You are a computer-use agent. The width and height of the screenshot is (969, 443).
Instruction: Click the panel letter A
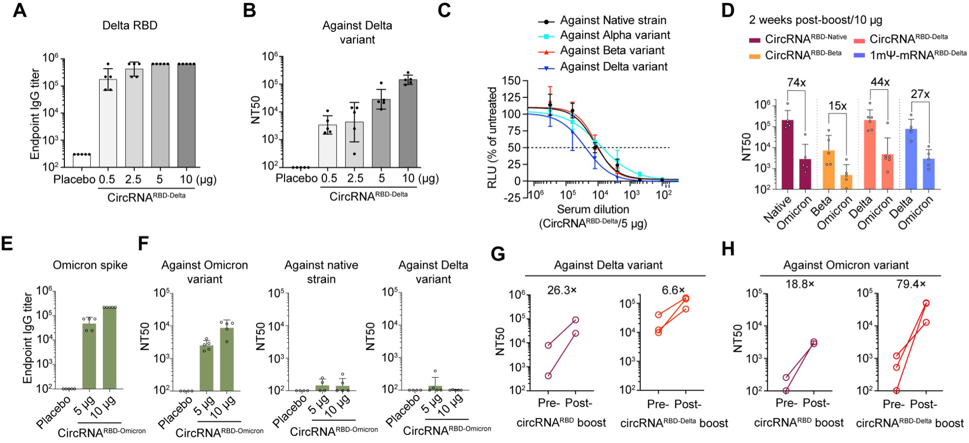tap(19, 10)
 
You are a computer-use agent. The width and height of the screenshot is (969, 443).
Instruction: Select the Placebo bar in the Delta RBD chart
tap(82, 160)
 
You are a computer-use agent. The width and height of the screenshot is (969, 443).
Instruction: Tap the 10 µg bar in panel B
tap(408, 123)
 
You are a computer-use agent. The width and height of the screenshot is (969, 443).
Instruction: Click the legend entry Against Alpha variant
tap(615, 35)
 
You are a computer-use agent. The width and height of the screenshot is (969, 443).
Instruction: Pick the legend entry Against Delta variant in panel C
tap(613, 67)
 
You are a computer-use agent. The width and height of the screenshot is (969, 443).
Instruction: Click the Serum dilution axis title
tap(593, 209)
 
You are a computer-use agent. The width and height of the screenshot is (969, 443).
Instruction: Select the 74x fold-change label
tap(796, 82)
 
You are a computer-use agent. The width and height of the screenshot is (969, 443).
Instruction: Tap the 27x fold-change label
tap(920, 94)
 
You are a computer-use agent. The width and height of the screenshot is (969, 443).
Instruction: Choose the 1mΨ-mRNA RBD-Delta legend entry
tap(918, 55)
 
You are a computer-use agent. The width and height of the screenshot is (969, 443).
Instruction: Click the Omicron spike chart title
tap(90, 265)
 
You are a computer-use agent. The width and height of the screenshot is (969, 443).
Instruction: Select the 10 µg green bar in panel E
tap(110, 348)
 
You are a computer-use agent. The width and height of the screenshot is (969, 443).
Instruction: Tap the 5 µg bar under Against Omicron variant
tap(206, 368)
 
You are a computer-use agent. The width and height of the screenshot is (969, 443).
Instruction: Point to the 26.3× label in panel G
tap(561, 290)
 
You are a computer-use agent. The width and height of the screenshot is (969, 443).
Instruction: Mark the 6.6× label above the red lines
tap(673, 290)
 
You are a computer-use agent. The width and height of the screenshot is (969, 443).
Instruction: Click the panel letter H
tap(728, 249)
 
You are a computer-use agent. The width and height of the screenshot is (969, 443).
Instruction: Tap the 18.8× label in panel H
tap(800, 284)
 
